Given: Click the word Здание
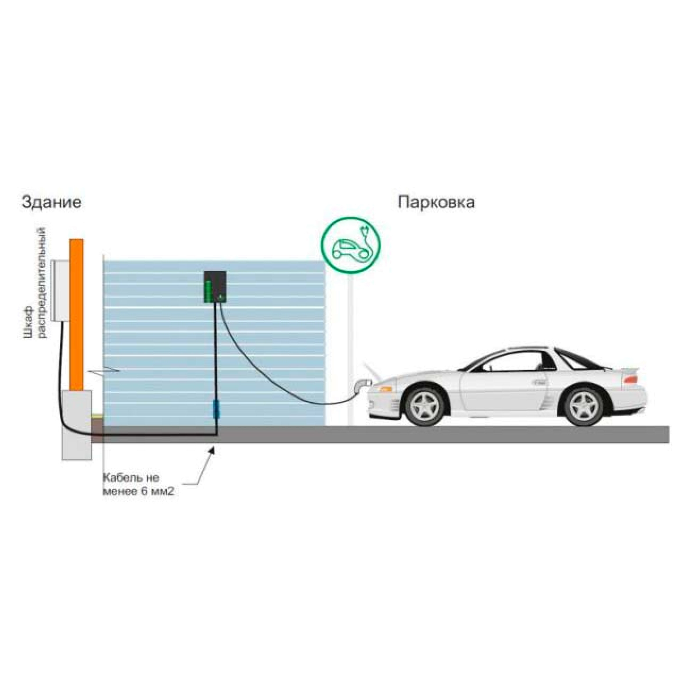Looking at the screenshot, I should pyautogui.click(x=52, y=203).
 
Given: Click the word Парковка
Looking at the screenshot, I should pyautogui.click(x=436, y=203).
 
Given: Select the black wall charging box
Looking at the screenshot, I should pyautogui.click(x=215, y=287).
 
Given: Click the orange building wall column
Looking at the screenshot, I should pyautogui.click(x=76, y=315).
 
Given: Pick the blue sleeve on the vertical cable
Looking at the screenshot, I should pyautogui.click(x=215, y=409).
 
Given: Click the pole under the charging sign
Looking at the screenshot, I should pyautogui.click(x=350, y=351).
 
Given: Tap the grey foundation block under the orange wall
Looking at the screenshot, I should pyautogui.click(x=77, y=425).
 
